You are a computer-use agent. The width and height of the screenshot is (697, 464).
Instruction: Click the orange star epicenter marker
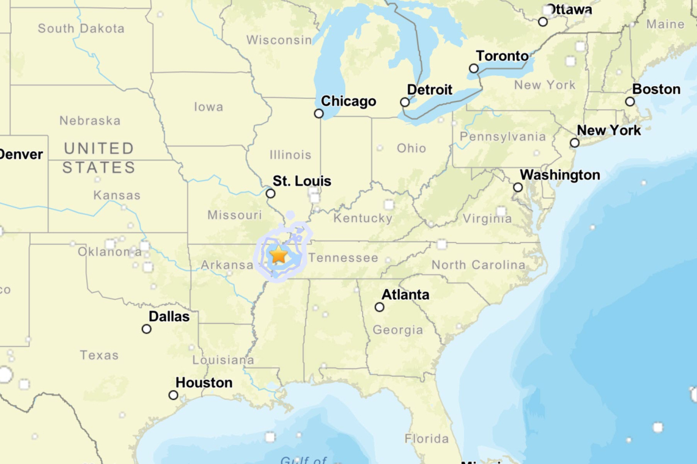point(279,255)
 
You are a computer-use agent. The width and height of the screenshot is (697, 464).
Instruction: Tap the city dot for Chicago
point(319,114)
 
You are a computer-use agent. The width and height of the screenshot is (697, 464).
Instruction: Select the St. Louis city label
point(302,181)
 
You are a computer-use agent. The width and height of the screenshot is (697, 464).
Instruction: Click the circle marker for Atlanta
point(380,307)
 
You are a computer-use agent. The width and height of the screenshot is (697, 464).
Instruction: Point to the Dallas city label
point(169,317)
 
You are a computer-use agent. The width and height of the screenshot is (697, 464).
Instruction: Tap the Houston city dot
point(174,395)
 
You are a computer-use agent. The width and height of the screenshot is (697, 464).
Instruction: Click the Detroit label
point(430,90)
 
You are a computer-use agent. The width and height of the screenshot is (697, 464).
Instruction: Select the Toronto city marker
point(474,68)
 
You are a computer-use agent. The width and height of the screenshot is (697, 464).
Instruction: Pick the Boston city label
point(656,90)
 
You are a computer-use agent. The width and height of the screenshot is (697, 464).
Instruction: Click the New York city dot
point(575,143)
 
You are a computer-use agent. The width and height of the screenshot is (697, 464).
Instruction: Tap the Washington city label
point(560,176)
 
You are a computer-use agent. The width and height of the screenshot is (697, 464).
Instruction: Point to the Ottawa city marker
point(543,22)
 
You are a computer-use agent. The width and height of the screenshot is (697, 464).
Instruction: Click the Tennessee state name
point(343,258)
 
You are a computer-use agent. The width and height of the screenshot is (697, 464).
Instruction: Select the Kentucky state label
point(363,218)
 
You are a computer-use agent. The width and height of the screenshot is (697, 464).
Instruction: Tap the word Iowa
point(208,107)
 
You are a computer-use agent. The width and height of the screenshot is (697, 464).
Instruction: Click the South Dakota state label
point(81,28)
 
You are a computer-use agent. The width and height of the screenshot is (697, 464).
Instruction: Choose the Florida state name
point(426,438)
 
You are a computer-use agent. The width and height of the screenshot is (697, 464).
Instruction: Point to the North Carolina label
point(478,265)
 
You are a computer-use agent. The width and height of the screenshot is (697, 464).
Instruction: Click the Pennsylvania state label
point(503,137)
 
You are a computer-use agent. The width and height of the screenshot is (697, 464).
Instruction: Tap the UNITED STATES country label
point(99,158)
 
